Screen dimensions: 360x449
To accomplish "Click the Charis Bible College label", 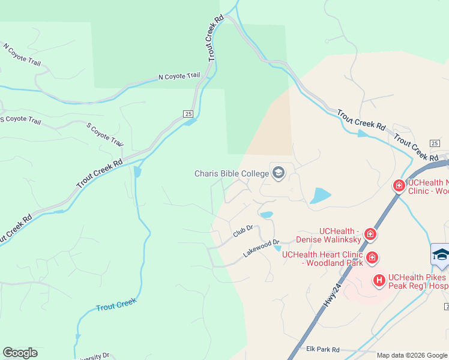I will (232, 173).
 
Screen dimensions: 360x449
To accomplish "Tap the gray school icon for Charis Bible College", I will (278, 173).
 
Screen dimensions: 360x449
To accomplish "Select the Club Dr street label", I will (243, 231).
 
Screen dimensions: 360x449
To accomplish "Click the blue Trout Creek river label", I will (116, 305).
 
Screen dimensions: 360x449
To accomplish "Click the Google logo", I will (20, 353).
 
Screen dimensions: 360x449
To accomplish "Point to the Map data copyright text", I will (412, 355).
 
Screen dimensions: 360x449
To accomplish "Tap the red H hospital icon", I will (379, 280).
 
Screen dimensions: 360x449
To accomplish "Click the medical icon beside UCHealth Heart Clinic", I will (372, 258).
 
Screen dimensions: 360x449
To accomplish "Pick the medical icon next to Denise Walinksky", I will (370, 235).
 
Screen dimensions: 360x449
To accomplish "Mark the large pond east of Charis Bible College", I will (321, 196).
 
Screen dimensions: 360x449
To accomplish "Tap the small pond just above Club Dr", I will (267, 214).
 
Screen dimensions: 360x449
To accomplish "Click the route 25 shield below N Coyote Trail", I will (187, 113).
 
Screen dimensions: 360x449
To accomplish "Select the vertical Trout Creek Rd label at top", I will (215, 38).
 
